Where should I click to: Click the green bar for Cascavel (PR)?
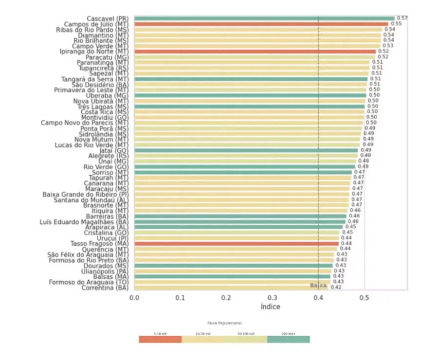tap(263, 18)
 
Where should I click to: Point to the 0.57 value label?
tap(402, 18)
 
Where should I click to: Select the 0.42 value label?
tap(336, 287)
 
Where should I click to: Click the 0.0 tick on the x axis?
tap(134, 297)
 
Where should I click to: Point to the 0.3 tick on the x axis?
tap(273, 297)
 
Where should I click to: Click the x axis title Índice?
tap(270, 307)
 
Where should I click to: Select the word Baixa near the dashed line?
tap(318, 285)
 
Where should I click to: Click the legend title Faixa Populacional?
tap(224, 323)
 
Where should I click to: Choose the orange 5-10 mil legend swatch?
tap(160, 339)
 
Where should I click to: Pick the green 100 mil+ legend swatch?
tap(288, 339)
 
